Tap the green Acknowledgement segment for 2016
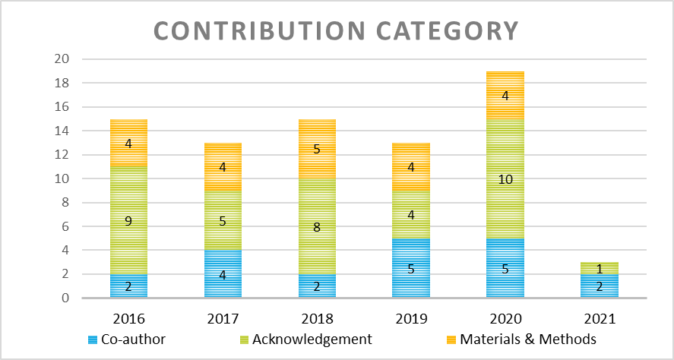(128, 220)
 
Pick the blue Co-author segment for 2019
(411, 268)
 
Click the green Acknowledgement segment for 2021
(600, 268)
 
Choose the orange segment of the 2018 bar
(317, 149)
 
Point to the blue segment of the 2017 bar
(223, 274)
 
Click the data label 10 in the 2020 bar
(505, 179)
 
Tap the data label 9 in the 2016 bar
(128, 221)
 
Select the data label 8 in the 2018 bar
(317, 226)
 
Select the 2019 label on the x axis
(411, 317)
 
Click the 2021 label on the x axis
(600, 317)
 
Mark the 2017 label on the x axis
(223, 317)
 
